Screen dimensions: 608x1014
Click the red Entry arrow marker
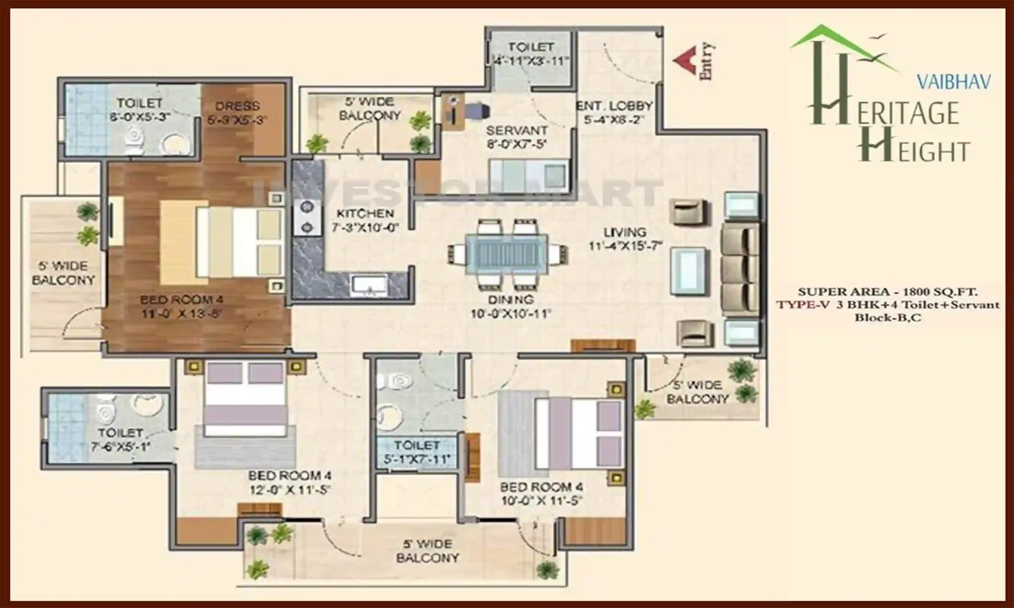[x=686, y=61]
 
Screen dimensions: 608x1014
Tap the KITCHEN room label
[x=365, y=214]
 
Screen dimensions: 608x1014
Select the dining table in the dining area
[x=507, y=254]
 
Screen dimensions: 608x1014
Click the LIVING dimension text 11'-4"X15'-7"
[x=625, y=246]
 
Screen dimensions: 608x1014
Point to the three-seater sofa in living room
[x=740, y=269]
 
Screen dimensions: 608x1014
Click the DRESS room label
[x=237, y=106]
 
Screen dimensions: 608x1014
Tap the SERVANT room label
[x=516, y=131]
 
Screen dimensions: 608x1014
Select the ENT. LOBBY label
[x=614, y=106]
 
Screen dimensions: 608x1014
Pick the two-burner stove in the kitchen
[x=307, y=217]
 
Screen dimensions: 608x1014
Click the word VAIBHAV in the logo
[x=953, y=82]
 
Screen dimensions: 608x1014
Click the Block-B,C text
[x=887, y=318]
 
